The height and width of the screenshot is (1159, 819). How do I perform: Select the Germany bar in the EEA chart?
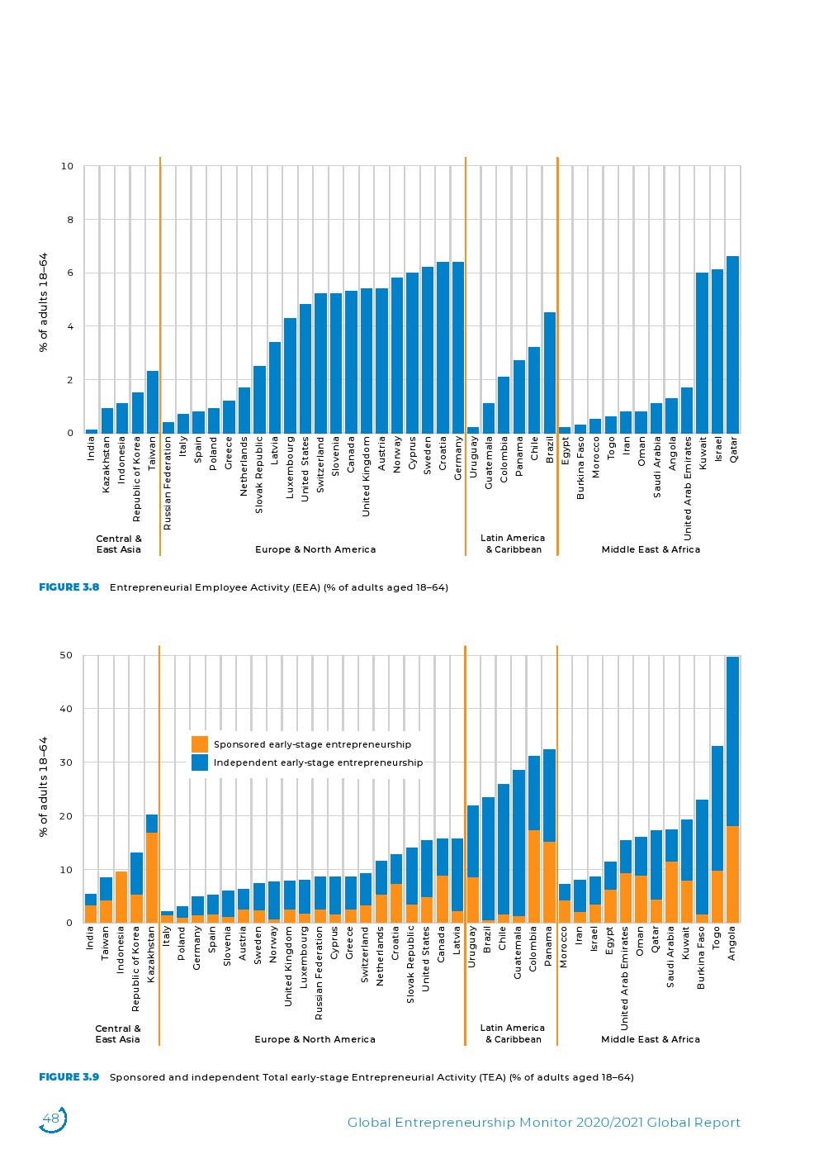(458, 348)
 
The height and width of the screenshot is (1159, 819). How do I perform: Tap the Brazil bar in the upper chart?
(550, 373)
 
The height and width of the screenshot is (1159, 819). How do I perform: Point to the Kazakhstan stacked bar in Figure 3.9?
(152, 868)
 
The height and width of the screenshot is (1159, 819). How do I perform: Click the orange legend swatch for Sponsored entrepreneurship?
(200, 744)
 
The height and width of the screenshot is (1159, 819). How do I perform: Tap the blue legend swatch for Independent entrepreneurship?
(200, 762)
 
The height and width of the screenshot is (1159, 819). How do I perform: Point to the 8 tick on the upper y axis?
(67, 220)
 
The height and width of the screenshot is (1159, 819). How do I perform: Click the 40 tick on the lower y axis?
(66, 709)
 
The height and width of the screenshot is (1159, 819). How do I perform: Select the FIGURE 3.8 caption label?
(69, 587)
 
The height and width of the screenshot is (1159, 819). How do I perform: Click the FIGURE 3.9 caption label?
(69, 1077)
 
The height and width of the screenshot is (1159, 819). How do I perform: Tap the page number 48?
(51, 1119)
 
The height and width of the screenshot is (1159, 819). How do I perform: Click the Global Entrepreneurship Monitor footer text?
(543, 1123)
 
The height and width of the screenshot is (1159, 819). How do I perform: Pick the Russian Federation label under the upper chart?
(168, 483)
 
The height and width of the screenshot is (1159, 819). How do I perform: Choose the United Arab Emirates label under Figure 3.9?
(625, 977)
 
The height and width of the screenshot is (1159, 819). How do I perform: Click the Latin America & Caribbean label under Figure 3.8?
(513, 544)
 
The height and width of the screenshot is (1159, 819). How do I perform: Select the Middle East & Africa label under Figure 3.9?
(650, 1039)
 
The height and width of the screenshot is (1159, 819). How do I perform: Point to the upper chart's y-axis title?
(44, 302)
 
